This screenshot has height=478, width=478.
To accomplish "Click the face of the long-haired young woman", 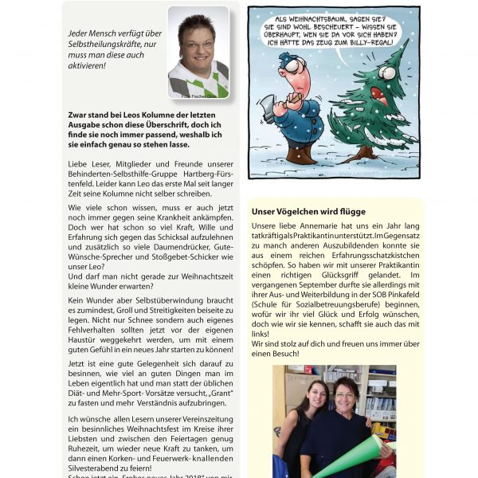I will click(x=311, y=396).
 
